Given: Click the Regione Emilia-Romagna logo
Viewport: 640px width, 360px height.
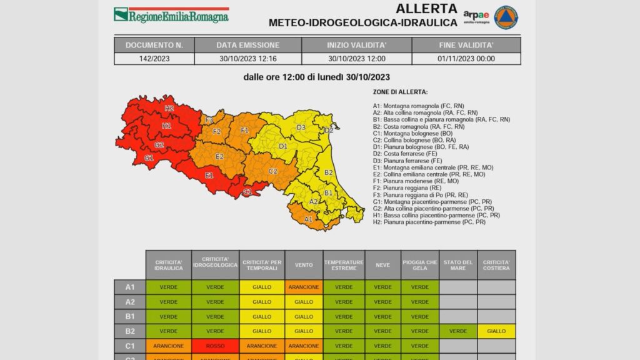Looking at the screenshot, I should [171, 15].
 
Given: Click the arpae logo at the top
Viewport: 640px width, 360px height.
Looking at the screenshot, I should [476, 16].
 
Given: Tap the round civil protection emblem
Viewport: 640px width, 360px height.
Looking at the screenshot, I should [506, 17].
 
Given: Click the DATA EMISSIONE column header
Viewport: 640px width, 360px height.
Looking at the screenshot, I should [247, 45].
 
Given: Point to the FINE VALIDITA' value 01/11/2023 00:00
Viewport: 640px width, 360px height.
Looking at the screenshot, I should [466, 59].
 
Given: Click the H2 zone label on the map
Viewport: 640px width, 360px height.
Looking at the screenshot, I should [169, 108].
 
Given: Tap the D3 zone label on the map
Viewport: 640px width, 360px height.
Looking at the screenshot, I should [301, 127].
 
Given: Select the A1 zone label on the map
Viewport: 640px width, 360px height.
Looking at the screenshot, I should [308, 219].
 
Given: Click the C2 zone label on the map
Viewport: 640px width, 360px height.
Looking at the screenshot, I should [273, 171].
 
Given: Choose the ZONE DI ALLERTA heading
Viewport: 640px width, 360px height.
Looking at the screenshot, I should [396, 92].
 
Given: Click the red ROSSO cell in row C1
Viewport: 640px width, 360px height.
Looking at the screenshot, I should [215, 345].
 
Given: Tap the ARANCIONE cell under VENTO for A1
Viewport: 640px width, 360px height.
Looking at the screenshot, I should [304, 287].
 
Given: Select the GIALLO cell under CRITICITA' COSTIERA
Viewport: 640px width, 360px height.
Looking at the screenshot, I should [497, 331].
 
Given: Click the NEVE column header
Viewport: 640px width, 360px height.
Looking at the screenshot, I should [382, 265].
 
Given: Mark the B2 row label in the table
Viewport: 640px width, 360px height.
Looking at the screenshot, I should [130, 331].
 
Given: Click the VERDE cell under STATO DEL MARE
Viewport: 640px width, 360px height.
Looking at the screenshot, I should [458, 331].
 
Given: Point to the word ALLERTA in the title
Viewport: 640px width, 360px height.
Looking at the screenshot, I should [426, 9].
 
